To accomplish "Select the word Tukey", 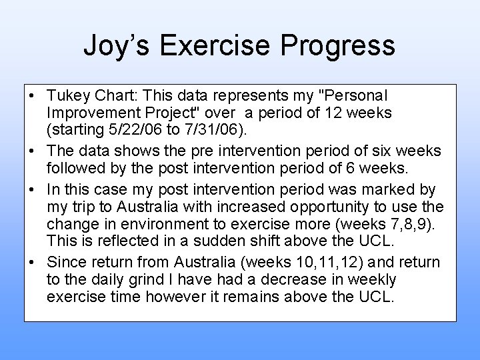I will [x=67, y=97].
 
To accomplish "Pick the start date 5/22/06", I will [x=131, y=129].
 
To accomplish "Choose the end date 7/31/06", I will [x=193, y=129].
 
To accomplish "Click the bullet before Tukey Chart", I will [x=32, y=97].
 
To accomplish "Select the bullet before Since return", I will [x=32, y=263].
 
